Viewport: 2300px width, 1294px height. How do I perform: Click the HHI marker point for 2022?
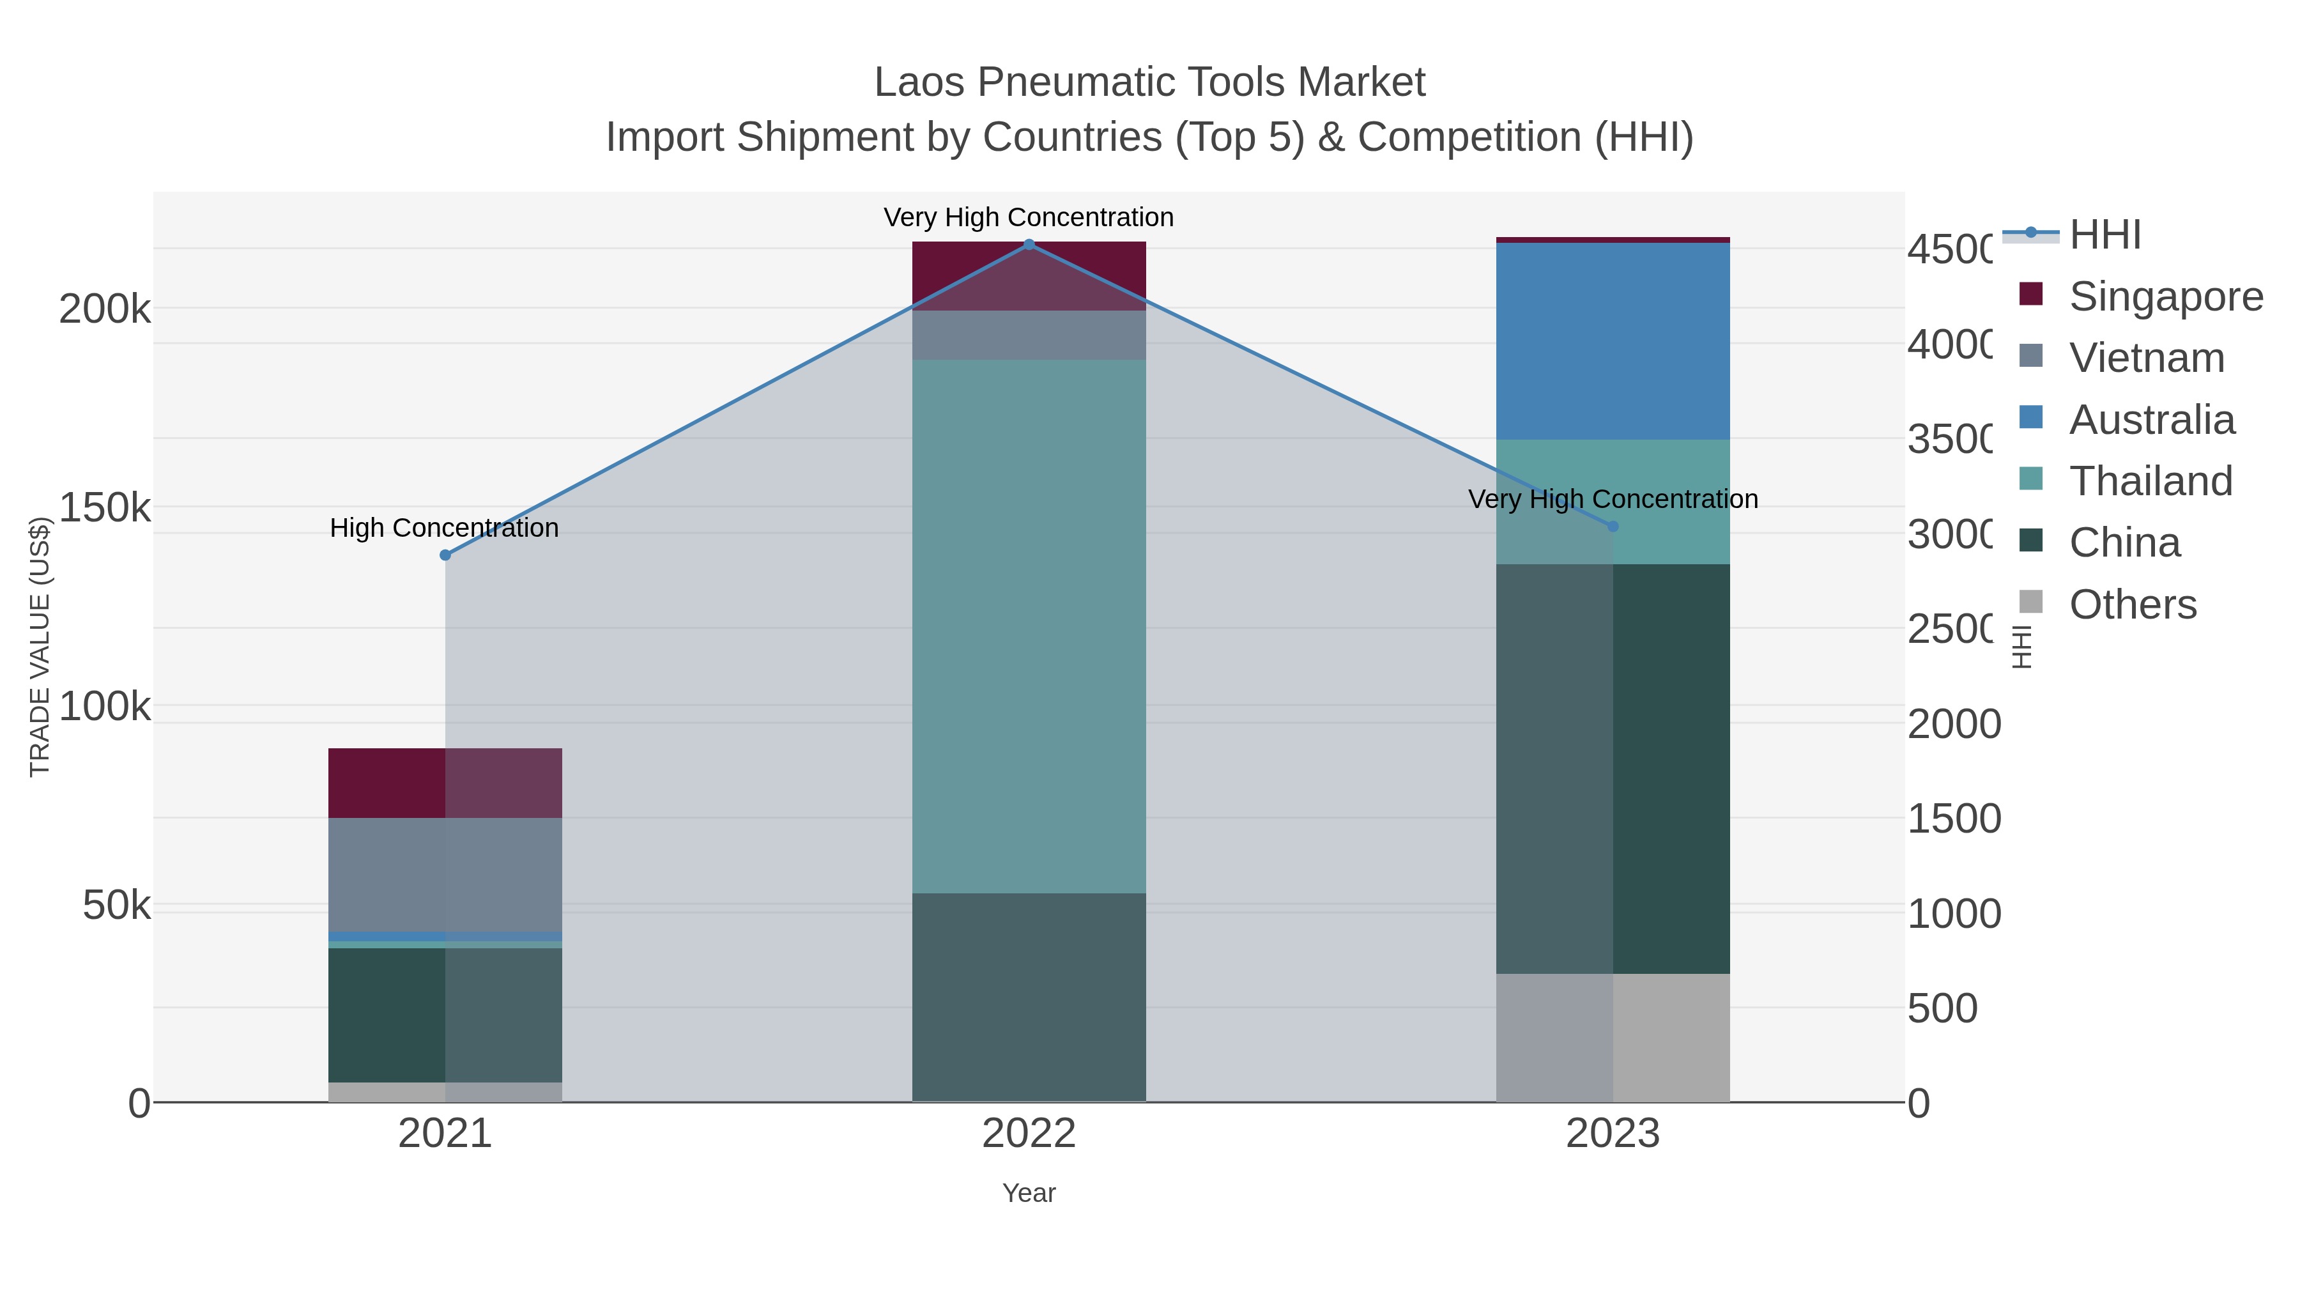coord(1029,245)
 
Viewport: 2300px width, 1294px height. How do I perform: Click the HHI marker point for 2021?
coord(445,555)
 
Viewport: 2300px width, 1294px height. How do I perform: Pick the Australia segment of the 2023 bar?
coord(1613,341)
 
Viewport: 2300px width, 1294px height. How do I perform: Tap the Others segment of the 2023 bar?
coord(1613,1037)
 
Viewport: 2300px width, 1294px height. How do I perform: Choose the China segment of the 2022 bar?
coord(1029,997)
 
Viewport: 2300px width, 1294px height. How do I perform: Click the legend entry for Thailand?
coord(2150,481)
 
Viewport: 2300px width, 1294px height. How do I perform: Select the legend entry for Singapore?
coord(2165,297)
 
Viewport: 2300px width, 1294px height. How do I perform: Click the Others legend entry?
coord(2131,605)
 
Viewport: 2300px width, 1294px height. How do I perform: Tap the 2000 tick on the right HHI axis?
coord(1954,723)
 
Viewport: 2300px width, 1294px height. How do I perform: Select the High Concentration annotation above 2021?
coord(444,528)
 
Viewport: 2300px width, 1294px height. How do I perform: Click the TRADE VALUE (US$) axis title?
coord(40,647)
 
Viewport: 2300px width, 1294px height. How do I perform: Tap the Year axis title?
coord(1029,1193)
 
